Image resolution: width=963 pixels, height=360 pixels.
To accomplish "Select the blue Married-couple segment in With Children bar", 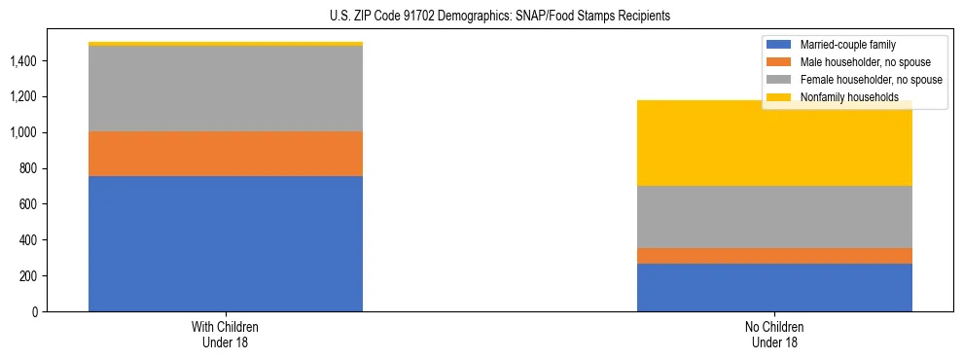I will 226,243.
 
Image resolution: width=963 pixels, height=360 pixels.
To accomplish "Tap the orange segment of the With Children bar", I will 226,154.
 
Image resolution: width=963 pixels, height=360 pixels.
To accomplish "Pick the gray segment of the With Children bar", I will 226,89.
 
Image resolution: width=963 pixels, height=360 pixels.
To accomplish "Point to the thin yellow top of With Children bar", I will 226,44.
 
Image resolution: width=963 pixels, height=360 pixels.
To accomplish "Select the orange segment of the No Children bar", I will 774,256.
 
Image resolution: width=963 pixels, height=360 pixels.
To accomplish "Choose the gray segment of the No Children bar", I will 774,217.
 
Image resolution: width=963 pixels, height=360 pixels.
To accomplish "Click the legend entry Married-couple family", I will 847,45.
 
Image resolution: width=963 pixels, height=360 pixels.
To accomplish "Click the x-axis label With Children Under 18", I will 226,334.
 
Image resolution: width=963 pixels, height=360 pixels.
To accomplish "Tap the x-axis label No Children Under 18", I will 774,334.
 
